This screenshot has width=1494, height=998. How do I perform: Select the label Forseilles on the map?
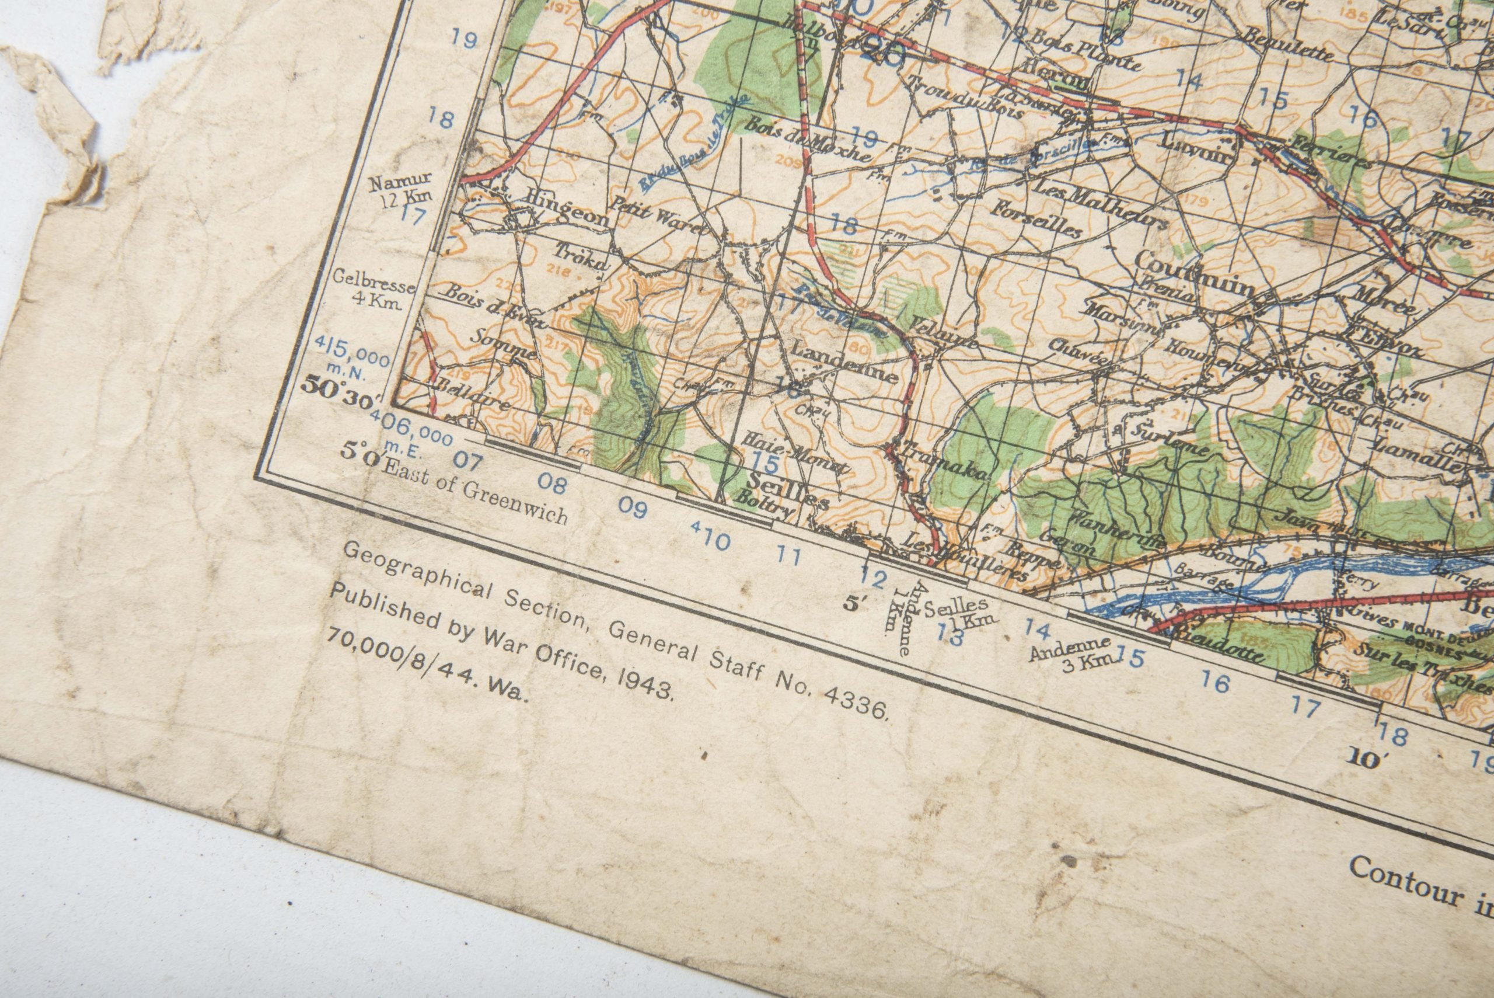(x=1039, y=218)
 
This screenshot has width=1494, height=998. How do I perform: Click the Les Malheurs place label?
(x=1101, y=204)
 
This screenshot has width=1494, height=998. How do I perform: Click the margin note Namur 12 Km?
(x=402, y=189)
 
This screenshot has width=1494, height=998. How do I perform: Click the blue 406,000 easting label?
(x=413, y=427)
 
